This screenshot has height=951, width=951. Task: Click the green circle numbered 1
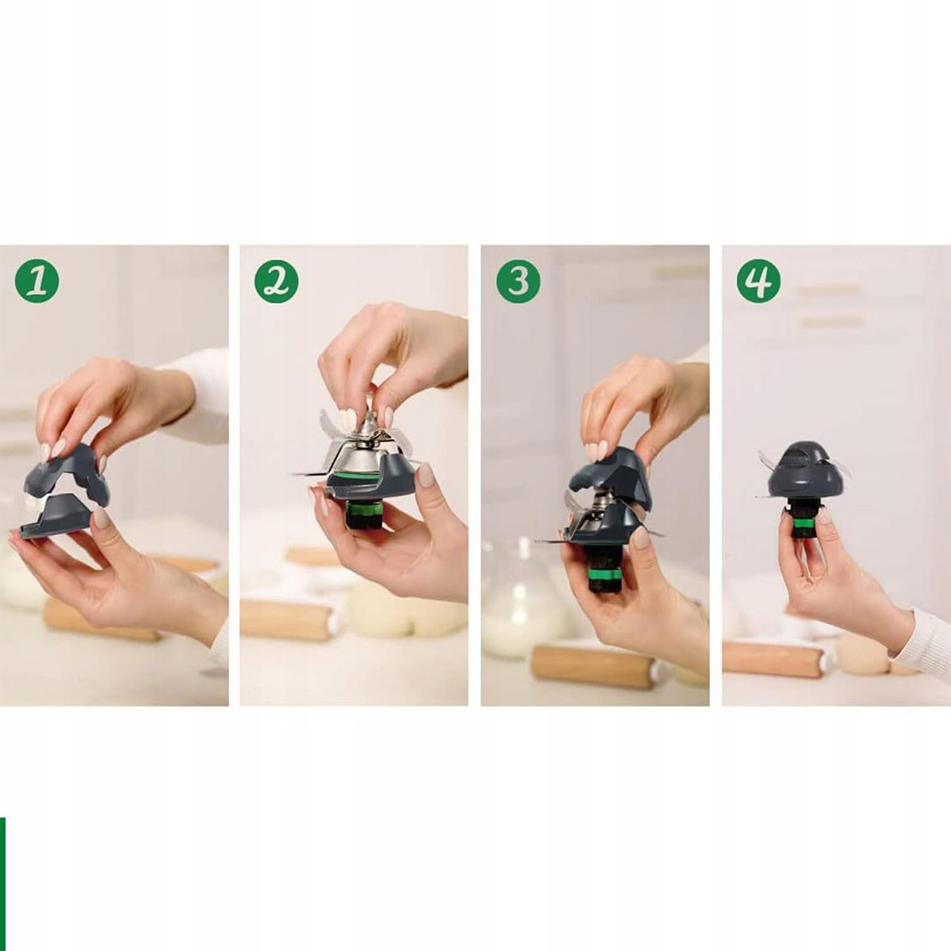pyautogui.click(x=37, y=282)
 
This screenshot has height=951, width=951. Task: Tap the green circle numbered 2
pyautogui.click(x=277, y=282)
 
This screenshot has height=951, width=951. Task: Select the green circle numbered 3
pyautogui.click(x=518, y=282)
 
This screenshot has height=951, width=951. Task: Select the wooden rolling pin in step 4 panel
pyautogui.click(x=773, y=657)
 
